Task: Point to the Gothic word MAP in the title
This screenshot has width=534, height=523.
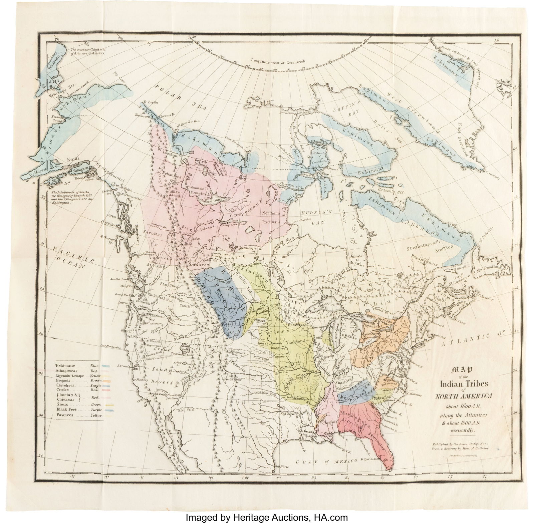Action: click(x=462, y=370)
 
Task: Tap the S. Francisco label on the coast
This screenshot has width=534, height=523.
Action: click(x=124, y=366)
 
